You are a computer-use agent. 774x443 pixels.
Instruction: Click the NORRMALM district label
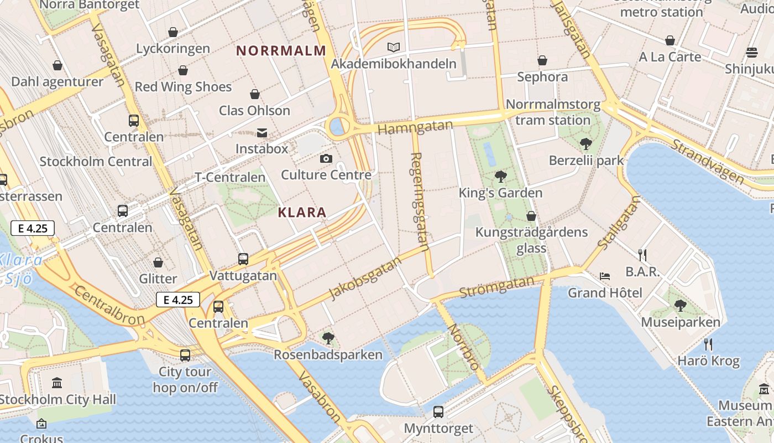click(281, 51)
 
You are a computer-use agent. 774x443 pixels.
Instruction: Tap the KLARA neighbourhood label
click(302, 212)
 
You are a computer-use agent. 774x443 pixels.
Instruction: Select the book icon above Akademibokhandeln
click(393, 48)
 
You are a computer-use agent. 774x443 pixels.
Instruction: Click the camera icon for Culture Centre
click(326, 159)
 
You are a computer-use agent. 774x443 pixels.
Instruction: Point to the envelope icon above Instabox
click(262, 133)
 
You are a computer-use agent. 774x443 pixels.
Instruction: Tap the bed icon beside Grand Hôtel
click(604, 276)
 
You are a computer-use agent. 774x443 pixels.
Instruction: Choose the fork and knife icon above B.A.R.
click(642, 255)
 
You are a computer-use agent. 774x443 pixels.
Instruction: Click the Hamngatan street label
click(415, 127)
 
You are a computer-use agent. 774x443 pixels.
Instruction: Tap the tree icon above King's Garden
click(500, 177)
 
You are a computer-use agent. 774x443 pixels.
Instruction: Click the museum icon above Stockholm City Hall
click(57, 383)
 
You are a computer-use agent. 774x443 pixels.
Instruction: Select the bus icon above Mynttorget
click(438, 411)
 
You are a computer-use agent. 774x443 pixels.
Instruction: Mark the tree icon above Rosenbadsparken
click(328, 338)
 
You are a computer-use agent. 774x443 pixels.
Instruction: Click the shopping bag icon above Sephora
click(542, 60)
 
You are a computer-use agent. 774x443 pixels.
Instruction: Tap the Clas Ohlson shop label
click(254, 110)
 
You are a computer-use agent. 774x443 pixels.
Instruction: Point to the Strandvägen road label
click(708, 161)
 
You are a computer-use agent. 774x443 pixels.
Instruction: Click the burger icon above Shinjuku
click(751, 53)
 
